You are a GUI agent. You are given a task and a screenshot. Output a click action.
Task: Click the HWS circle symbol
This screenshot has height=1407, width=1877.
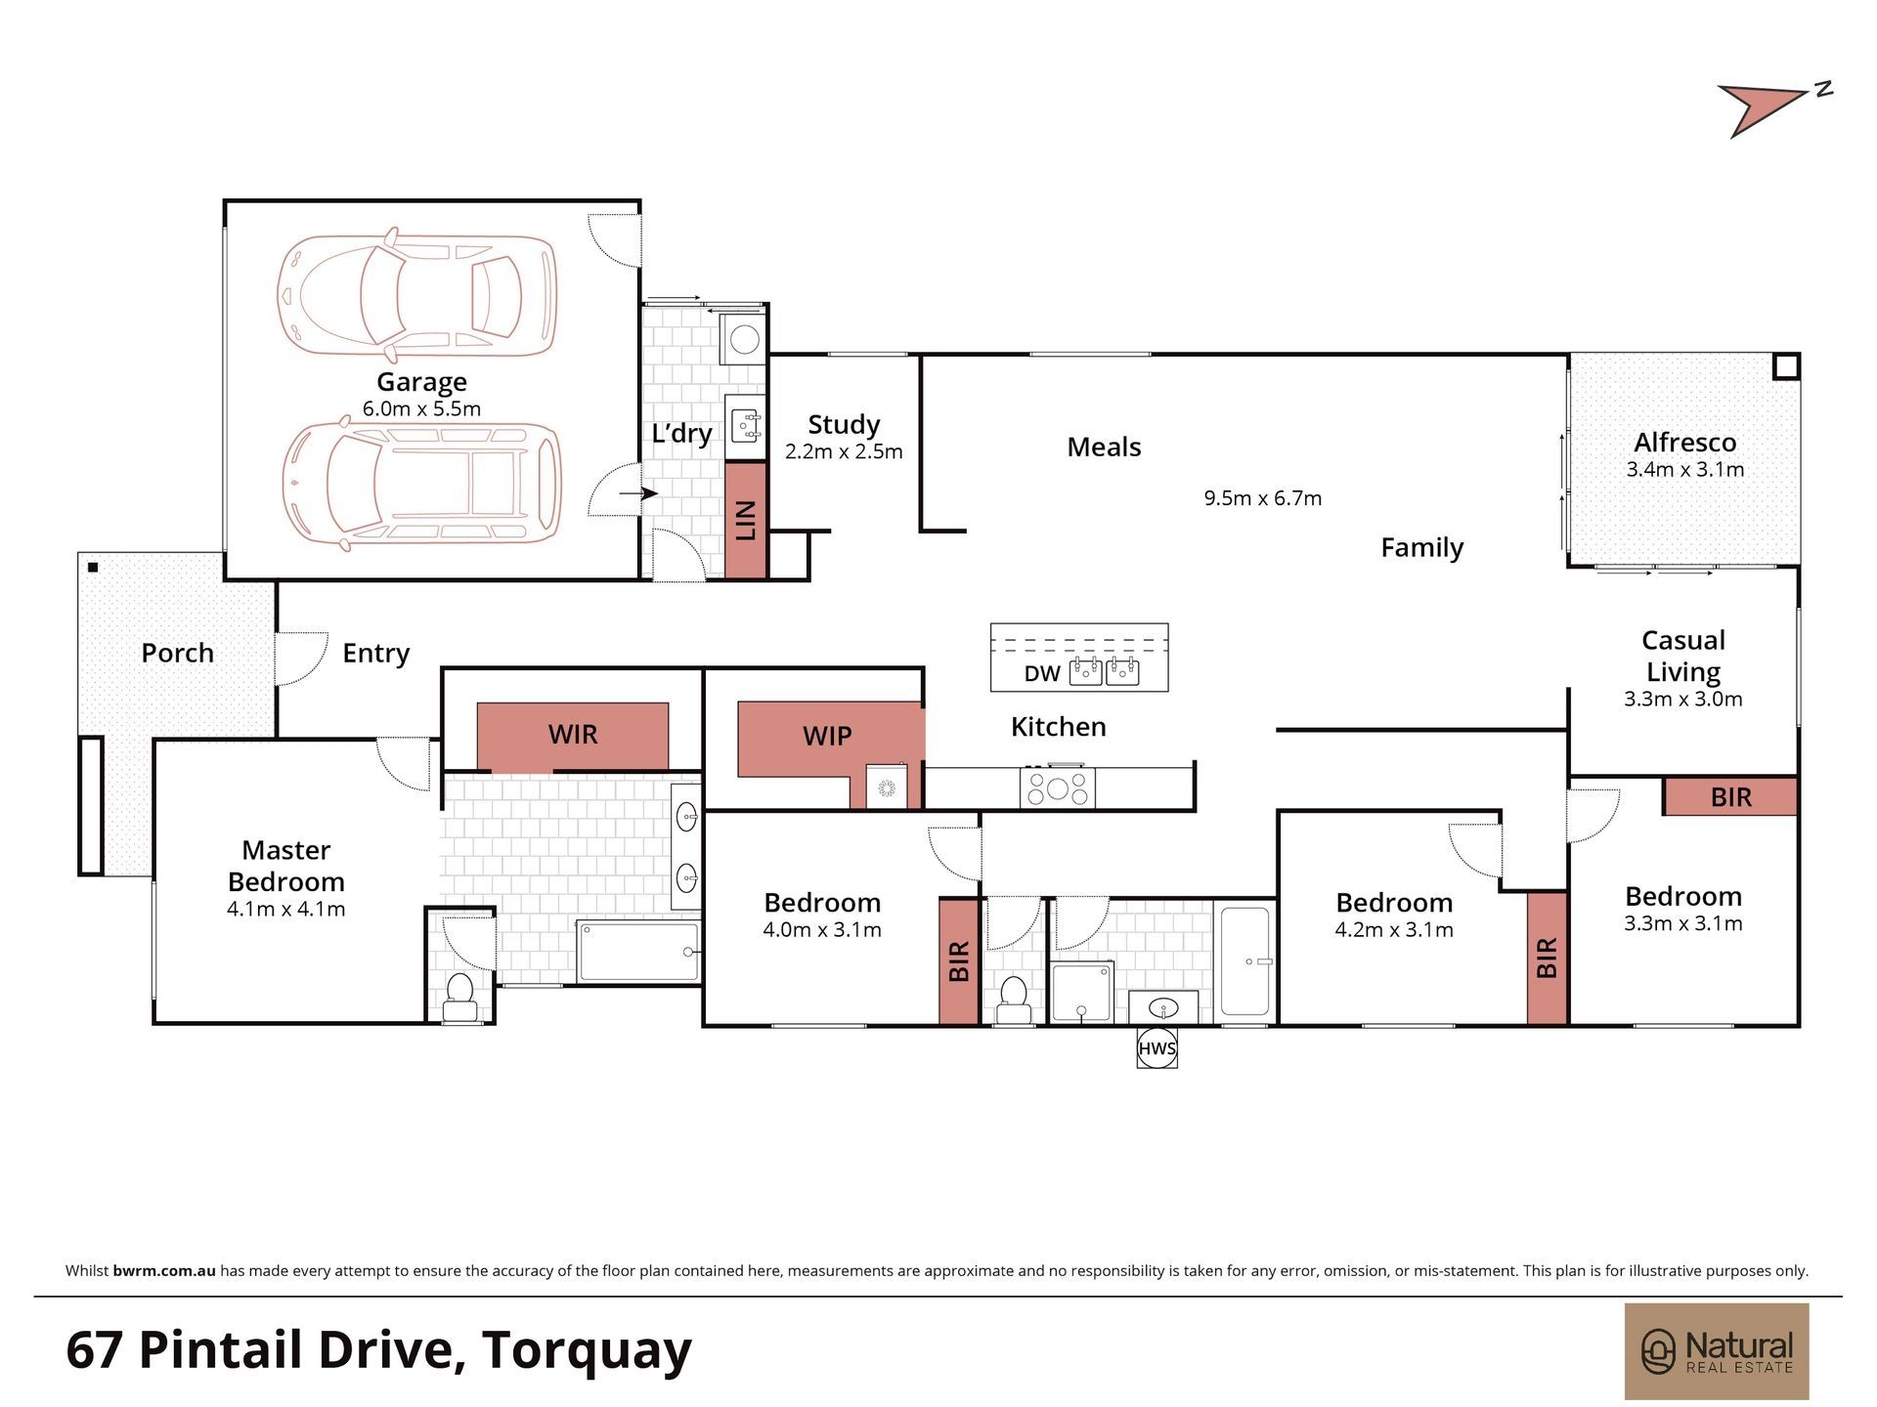click(x=1157, y=1048)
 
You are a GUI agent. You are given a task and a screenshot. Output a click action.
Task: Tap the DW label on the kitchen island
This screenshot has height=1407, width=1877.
click(x=1042, y=673)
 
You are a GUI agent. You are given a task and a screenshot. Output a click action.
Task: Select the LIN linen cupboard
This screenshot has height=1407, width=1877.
click(x=746, y=520)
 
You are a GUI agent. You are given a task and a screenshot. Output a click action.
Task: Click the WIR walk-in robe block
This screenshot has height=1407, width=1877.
click(x=573, y=736)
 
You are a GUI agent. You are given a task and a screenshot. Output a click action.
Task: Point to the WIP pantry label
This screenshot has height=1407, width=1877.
click(x=827, y=736)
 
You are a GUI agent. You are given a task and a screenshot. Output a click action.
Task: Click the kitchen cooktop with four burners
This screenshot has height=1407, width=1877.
click(x=1057, y=788)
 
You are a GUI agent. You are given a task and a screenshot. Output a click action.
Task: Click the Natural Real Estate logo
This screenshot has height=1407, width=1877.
click(x=1717, y=1351)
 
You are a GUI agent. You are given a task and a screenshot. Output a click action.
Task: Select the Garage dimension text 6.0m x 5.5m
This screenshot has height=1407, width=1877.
click(x=421, y=408)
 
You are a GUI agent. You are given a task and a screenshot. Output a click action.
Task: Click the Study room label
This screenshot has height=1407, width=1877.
click(x=844, y=424)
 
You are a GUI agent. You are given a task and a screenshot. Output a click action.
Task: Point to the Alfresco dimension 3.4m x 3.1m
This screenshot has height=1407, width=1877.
click(x=1685, y=469)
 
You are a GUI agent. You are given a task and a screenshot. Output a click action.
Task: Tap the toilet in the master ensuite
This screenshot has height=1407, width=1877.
click(x=459, y=997)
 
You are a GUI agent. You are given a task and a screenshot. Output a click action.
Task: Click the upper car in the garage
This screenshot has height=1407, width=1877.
click(x=417, y=294)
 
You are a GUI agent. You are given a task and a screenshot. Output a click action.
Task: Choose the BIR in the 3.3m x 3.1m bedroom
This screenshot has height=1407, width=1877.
click(x=1730, y=797)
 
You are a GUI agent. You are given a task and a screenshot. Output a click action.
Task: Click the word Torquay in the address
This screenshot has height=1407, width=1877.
click(x=587, y=1350)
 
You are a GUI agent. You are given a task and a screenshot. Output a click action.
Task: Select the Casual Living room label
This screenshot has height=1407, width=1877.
click(x=1682, y=656)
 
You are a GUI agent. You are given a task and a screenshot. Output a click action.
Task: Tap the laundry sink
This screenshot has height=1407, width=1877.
click(x=747, y=426)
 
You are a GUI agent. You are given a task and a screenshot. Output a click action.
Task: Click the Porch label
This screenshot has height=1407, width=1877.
click(x=177, y=653)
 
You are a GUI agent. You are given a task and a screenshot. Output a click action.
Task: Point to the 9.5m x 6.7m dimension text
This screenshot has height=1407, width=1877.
click(x=1262, y=498)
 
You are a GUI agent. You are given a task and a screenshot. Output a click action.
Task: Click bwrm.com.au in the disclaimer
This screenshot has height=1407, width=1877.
click(x=164, y=1271)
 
